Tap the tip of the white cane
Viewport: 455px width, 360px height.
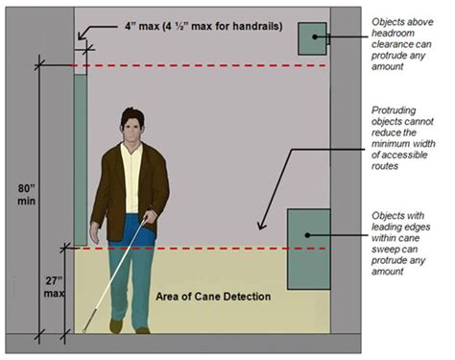click(x=84, y=332)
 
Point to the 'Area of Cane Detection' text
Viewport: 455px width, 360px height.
click(x=213, y=295)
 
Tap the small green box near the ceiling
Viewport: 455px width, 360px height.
click(x=312, y=38)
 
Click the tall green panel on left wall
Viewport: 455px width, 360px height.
click(x=80, y=158)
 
